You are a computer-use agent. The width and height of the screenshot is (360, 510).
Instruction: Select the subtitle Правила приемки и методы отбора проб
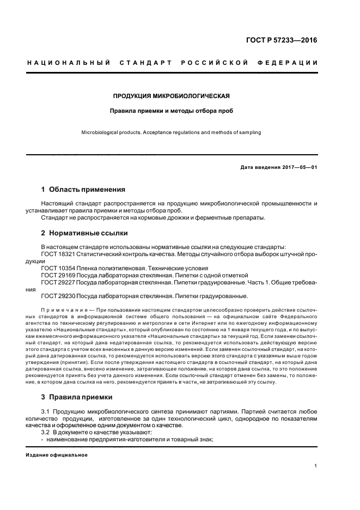coord(171,111)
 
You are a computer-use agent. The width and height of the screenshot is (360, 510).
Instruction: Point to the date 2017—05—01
coord(299,167)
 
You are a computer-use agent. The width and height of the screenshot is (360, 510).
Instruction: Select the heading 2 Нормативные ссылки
coord(84,233)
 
